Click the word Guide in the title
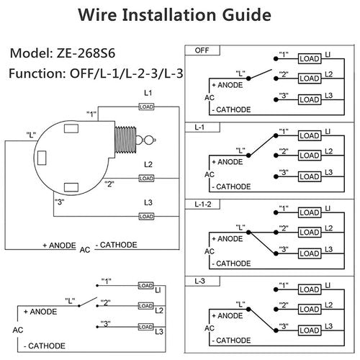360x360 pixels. coord(247,15)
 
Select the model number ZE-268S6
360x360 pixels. coord(86,53)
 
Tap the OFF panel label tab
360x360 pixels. coord(202,50)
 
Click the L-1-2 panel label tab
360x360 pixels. coord(202,204)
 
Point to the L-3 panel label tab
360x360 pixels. coord(202,281)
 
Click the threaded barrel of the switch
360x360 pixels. coord(125,140)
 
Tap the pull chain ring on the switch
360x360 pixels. coord(149,140)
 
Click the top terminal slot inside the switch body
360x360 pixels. coord(71,129)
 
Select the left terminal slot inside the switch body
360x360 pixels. coord(42,158)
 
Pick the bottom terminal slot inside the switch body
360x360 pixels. coord(71,187)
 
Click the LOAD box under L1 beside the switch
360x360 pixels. coord(146,107)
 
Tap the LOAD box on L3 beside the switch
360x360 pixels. coord(146,217)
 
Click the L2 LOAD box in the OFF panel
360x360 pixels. coord(310,78)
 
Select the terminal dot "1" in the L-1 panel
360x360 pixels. coord(276,136)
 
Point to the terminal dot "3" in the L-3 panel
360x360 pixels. coord(276,330)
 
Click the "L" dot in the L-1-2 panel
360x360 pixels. coord(248,233)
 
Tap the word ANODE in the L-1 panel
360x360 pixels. coord(230,162)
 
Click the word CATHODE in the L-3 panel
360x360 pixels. coord(233,341)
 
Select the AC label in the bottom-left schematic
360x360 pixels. coord(18,330)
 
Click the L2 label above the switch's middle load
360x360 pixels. coord(148,164)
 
